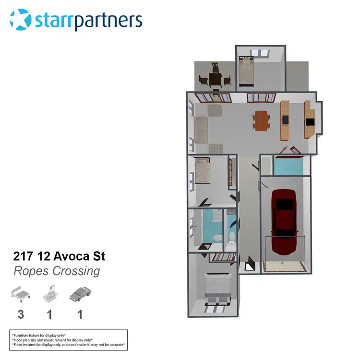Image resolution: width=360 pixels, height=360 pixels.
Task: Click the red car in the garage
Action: pos(284,220)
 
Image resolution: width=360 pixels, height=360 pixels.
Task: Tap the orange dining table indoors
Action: pos(262,120)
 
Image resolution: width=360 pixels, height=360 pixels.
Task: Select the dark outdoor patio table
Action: pos(215,79)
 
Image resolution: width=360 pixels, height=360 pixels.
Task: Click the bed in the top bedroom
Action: pos(246,73)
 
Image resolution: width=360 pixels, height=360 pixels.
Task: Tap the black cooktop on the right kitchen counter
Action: pos(310,122)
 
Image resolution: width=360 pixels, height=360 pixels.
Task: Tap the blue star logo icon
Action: pos(20,20)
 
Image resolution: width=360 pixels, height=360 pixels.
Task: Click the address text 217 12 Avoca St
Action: pos(60,256)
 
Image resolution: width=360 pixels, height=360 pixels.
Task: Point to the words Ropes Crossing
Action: pos(57,271)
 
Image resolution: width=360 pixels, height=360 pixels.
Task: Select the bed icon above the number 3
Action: pos(21,293)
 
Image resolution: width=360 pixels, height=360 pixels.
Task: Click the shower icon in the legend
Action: pos(51,293)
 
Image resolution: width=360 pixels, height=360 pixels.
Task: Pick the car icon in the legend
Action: pos(80,293)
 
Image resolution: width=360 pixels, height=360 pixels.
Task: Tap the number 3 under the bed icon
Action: pos(21,314)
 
